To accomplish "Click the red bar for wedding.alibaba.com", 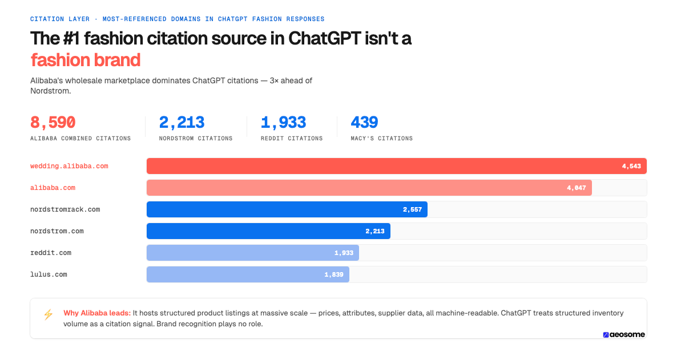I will (x=396, y=166).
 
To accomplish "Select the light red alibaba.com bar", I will (x=369, y=188).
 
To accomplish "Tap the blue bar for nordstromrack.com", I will (x=287, y=209).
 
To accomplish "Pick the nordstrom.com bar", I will (x=268, y=231).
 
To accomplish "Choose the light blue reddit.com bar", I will (x=252, y=253).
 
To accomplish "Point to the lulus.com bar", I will (x=248, y=274).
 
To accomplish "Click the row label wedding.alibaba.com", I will (x=69, y=166).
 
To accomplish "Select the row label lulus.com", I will (x=49, y=274).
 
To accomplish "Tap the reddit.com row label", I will (x=51, y=253).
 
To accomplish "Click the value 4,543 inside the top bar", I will (x=631, y=166).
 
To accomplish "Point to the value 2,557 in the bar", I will (x=412, y=209).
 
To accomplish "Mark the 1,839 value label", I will (x=334, y=274).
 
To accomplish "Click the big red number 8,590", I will (x=53, y=123).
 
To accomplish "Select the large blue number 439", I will (x=364, y=123).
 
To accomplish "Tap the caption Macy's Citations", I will (x=381, y=139).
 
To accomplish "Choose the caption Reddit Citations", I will (x=291, y=139).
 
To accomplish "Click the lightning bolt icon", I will (x=48, y=314).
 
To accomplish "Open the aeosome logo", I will (x=623, y=335).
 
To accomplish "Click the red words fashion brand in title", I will (x=85, y=60).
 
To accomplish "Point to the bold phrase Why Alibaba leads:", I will (x=97, y=313).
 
